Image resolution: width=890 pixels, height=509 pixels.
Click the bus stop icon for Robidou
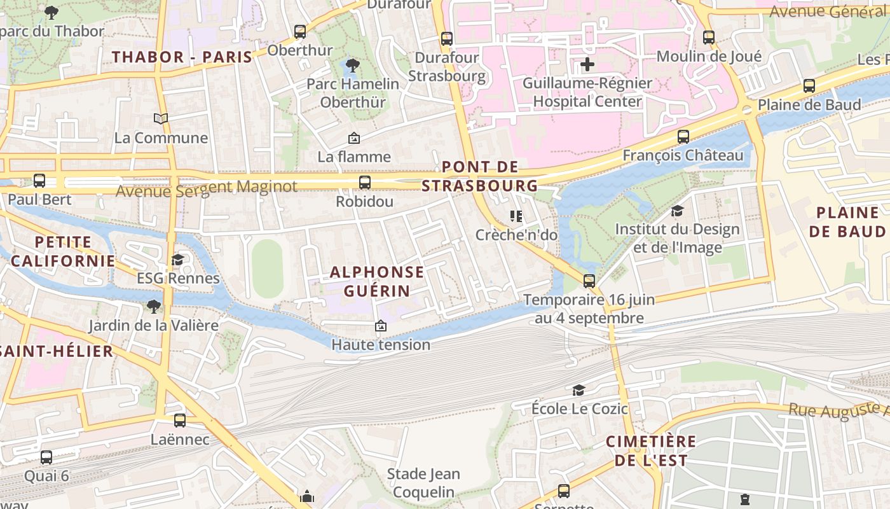pos(365,183)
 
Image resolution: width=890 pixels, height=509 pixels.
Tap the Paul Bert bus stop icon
pos(39,181)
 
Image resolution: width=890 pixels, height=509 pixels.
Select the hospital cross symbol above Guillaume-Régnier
pos(587,64)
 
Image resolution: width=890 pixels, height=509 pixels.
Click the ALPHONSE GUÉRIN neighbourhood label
pos(377,281)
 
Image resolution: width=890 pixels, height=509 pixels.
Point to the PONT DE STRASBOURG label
pos(480,176)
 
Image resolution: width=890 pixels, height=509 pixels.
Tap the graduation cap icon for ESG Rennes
pos(178,260)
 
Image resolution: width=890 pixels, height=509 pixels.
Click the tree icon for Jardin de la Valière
pos(153,307)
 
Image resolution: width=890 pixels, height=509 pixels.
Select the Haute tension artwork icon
pos(381,326)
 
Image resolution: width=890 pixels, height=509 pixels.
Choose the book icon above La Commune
pos(161,118)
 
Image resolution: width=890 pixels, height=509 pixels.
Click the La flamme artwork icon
pos(354,138)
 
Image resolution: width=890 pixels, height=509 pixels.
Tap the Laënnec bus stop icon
pos(180,421)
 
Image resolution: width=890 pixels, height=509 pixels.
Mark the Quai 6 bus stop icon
pos(46,457)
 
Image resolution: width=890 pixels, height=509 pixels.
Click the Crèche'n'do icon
pos(516,216)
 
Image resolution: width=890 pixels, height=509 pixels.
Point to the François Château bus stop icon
pos(683,137)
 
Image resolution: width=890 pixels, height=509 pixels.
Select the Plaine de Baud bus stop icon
pos(809,86)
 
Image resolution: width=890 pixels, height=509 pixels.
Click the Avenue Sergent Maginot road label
pos(207,188)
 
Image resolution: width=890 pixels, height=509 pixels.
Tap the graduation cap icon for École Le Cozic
pos(578,390)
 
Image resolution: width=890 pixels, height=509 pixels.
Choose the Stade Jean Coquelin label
pos(423,483)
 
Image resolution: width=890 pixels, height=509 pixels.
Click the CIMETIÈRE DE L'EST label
pos(651,450)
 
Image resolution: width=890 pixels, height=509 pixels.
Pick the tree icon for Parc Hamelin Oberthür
pos(352,65)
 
